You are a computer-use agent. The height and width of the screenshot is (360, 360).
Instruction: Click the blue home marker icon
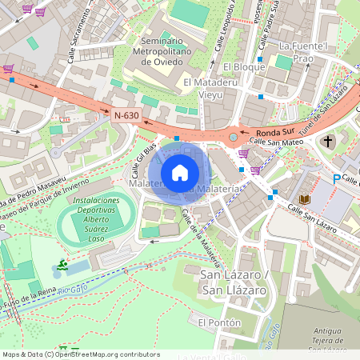(180, 172)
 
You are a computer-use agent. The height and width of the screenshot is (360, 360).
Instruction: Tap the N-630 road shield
(126, 116)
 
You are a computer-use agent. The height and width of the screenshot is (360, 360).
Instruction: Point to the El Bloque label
(244, 66)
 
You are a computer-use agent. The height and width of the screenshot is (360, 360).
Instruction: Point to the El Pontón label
(214, 322)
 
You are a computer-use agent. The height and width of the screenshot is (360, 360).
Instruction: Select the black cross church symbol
(327, 142)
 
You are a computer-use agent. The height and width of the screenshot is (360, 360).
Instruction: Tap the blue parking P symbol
(337, 178)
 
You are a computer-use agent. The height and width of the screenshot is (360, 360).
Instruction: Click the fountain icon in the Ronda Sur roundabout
(232, 138)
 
